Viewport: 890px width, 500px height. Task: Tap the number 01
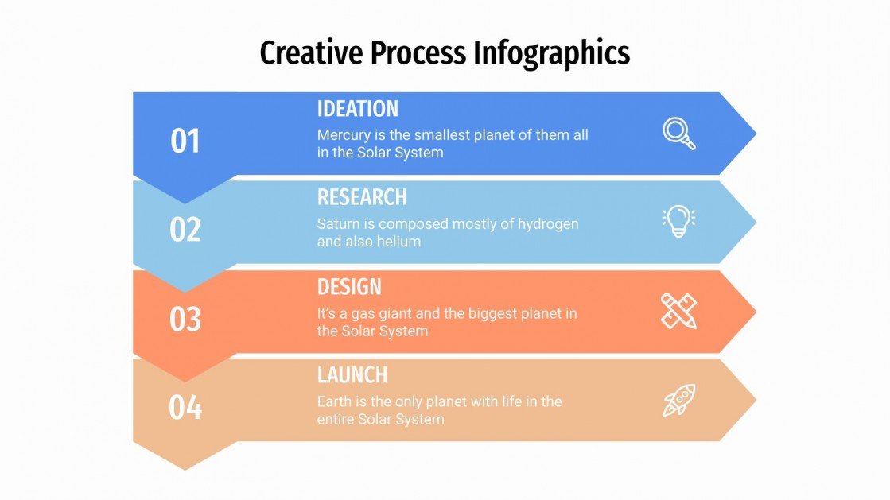click(x=185, y=141)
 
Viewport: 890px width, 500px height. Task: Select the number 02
click(x=185, y=230)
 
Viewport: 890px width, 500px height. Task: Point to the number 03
click(x=185, y=319)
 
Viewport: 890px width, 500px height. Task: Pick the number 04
click(x=185, y=408)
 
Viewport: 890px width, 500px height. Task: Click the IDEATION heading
click(x=358, y=109)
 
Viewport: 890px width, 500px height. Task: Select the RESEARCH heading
click(x=362, y=197)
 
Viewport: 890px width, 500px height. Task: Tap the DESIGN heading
click(x=349, y=286)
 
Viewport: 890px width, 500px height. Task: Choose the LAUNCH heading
click(x=352, y=374)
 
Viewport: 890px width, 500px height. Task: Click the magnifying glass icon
click(x=679, y=134)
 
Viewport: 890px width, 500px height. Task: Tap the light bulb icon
click(x=678, y=222)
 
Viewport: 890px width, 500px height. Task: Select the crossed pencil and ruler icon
click(x=678, y=311)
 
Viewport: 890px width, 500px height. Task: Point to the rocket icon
click(x=678, y=400)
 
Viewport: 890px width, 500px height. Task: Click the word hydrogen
click(x=548, y=224)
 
